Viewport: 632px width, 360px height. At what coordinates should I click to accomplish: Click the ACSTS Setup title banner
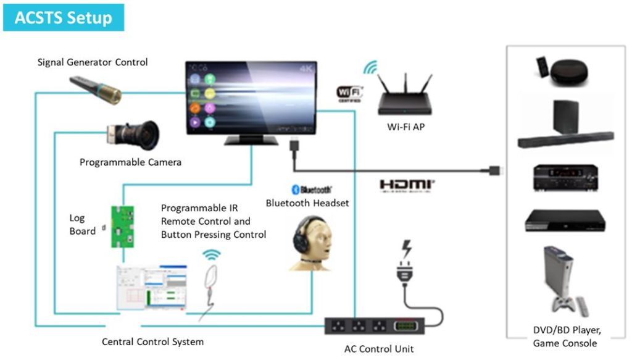(x=64, y=17)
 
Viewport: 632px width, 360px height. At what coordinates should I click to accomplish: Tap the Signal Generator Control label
(x=93, y=62)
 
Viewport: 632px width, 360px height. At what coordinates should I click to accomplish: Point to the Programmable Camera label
(x=130, y=162)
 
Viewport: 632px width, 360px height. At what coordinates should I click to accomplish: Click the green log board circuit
(x=122, y=226)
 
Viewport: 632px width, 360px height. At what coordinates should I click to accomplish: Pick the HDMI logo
(x=407, y=185)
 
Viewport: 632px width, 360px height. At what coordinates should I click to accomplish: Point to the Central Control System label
(x=152, y=341)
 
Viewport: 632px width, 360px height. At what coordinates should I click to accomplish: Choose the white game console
(x=558, y=280)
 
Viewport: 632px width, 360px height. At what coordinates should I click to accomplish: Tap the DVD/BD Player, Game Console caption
(x=565, y=337)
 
